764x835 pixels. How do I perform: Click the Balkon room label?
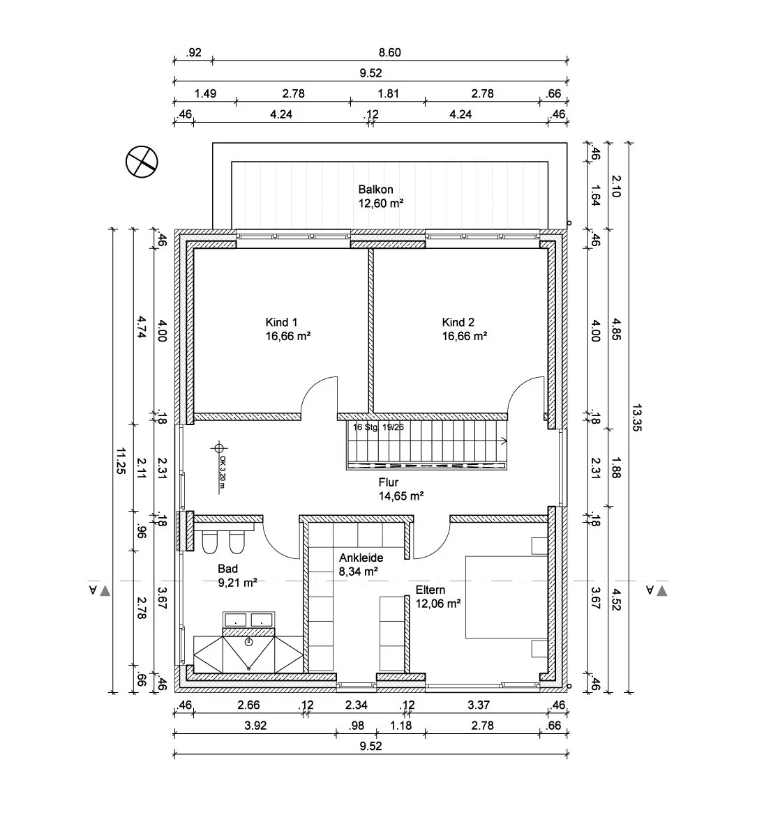pos(375,190)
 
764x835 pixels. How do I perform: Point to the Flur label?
pos(389,482)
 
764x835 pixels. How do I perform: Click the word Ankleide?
pos(361,558)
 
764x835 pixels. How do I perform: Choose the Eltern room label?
pos(430,589)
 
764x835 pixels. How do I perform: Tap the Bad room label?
pos(227,568)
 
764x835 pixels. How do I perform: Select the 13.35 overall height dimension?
pos(636,417)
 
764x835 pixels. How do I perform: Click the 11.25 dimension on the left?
pos(121,460)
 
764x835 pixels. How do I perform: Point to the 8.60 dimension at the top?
pos(389,52)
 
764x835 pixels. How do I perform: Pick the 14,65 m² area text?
pos(401,496)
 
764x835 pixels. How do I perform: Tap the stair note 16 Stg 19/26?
pos(378,427)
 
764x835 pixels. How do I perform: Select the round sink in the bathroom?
pos(249,642)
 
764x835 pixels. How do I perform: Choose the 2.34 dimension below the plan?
pos(356,705)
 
